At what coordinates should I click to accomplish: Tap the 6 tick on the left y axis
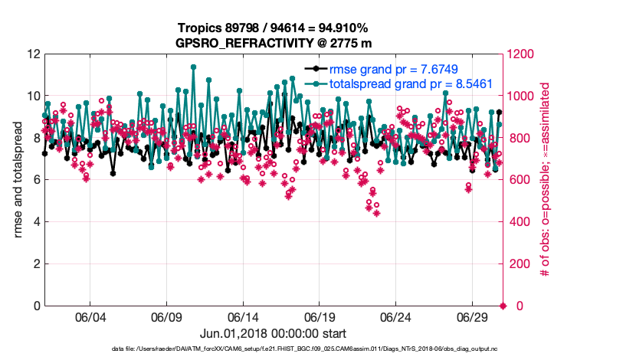click(x=35, y=180)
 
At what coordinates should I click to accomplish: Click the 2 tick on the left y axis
click(x=35, y=264)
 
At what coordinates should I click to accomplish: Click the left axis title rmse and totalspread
click(x=18, y=180)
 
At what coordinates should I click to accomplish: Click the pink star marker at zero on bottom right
click(x=503, y=306)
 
